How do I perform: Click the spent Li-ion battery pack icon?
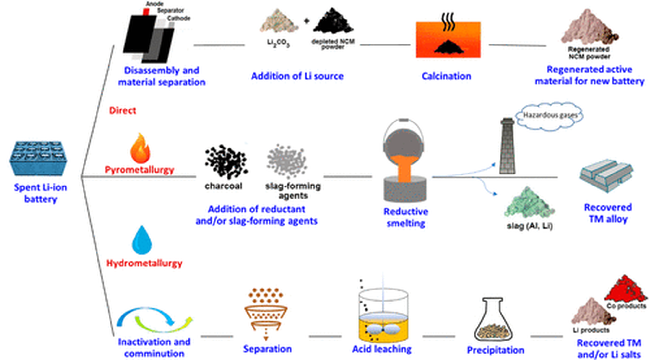pos(38,159)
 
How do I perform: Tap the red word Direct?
pos(122,110)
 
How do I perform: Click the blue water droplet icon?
pos(142,240)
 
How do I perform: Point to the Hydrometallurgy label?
pos(144,263)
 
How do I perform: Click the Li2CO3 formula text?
pos(278,43)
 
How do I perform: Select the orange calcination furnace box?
pos(448,40)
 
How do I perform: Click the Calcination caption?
pos(446,76)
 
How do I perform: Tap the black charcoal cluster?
pos(226,161)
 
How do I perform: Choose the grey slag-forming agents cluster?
pos(287,161)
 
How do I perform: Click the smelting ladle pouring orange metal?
pos(404,159)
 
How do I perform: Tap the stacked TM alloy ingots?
pos(606,175)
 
